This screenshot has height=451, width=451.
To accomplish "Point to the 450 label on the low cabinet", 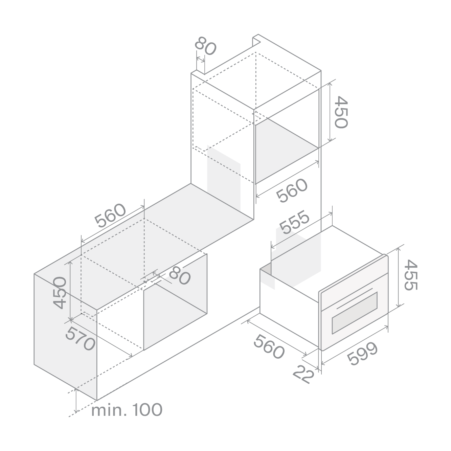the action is click(x=60, y=293).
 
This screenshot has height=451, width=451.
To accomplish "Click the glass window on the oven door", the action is click(x=354, y=313).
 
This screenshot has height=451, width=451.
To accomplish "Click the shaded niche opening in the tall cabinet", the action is click(x=287, y=151).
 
